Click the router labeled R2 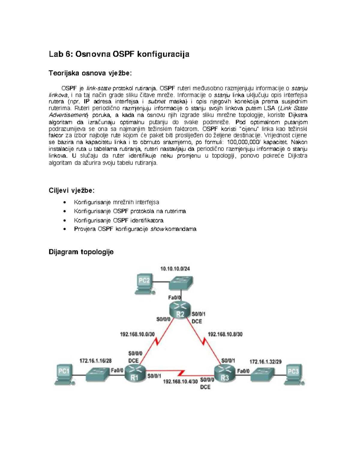180,310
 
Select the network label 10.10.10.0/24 175,269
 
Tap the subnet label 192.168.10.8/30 225,334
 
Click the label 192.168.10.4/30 180,381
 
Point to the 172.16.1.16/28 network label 95,361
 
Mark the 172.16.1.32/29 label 265,362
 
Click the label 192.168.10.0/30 137,334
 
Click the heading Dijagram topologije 81,252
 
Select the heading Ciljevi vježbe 71,191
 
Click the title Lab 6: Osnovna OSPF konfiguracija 119,54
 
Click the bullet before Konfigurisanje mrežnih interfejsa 64,203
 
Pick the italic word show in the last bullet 157,229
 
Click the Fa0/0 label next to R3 243,371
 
